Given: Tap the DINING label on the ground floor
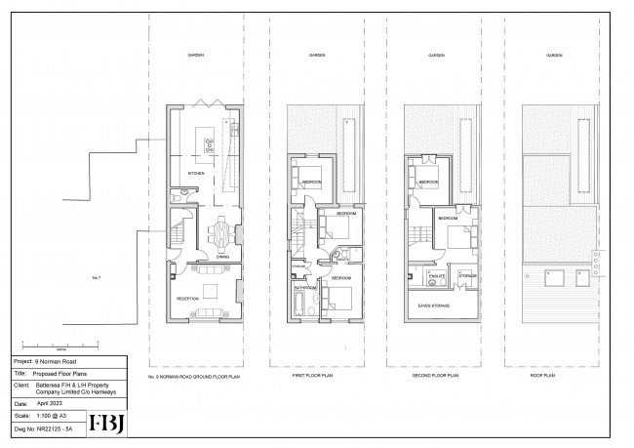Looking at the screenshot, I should [222, 258].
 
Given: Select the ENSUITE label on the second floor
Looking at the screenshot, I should [437, 277].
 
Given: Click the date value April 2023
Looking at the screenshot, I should [51, 401].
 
